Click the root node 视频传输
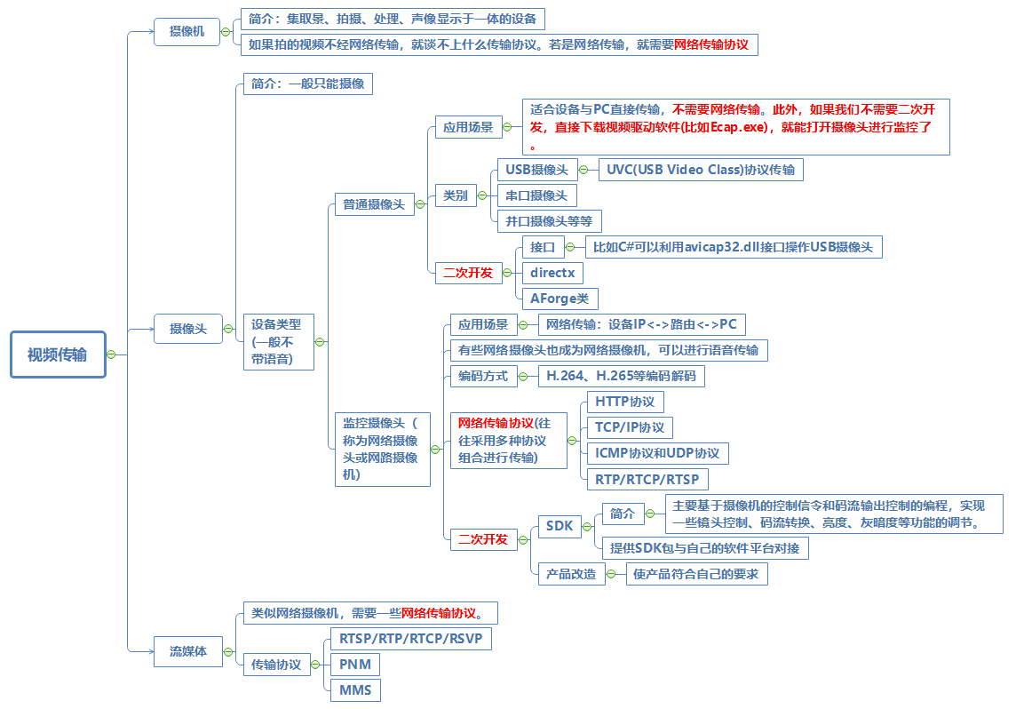click(58, 354)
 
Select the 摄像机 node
click(187, 31)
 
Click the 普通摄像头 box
click(374, 204)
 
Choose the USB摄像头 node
click(536, 170)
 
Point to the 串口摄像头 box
click(536, 195)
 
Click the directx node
click(552, 272)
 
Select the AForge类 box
click(560, 299)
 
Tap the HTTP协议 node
click(624, 402)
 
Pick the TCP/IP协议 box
click(629, 427)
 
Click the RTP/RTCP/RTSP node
click(647, 480)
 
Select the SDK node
click(560, 526)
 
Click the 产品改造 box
click(571, 574)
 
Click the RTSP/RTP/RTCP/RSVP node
click(409, 639)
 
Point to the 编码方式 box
click(482, 376)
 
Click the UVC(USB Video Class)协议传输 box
click(701, 170)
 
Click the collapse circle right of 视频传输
click(112, 354)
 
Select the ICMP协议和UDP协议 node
click(657, 453)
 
